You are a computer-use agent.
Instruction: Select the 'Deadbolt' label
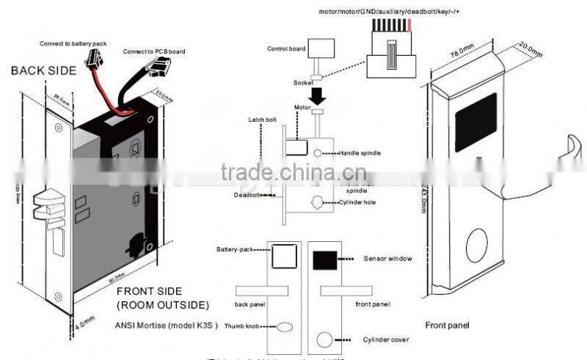coord(247,196)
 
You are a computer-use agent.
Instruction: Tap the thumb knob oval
coord(285,328)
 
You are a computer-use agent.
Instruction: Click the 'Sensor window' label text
coord(387,259)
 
